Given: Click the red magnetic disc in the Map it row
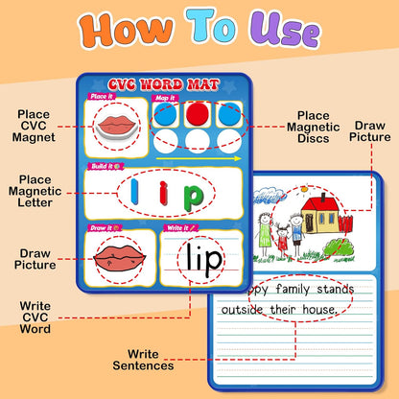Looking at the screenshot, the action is [x=198, y=113].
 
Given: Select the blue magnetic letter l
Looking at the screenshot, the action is [x=135, y=192].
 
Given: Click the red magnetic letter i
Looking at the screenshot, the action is [x=164, y=193].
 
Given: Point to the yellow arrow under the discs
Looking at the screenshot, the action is [x=199, y=158].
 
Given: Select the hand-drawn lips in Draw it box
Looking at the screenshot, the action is [x=120, y=258].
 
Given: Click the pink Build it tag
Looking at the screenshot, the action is [x=106, y=166].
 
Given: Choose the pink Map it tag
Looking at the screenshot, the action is [x=165, y=98].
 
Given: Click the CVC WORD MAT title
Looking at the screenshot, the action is [x=164, y=84].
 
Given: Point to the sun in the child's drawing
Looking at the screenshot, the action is [x=304, y=189].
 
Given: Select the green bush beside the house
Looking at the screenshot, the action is [x=340, y=247].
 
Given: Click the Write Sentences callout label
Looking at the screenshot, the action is [x=143, y=360].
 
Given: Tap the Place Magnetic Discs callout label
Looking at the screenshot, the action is [x=314, y=127].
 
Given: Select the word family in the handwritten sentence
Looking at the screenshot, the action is [x=293, y=290].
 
